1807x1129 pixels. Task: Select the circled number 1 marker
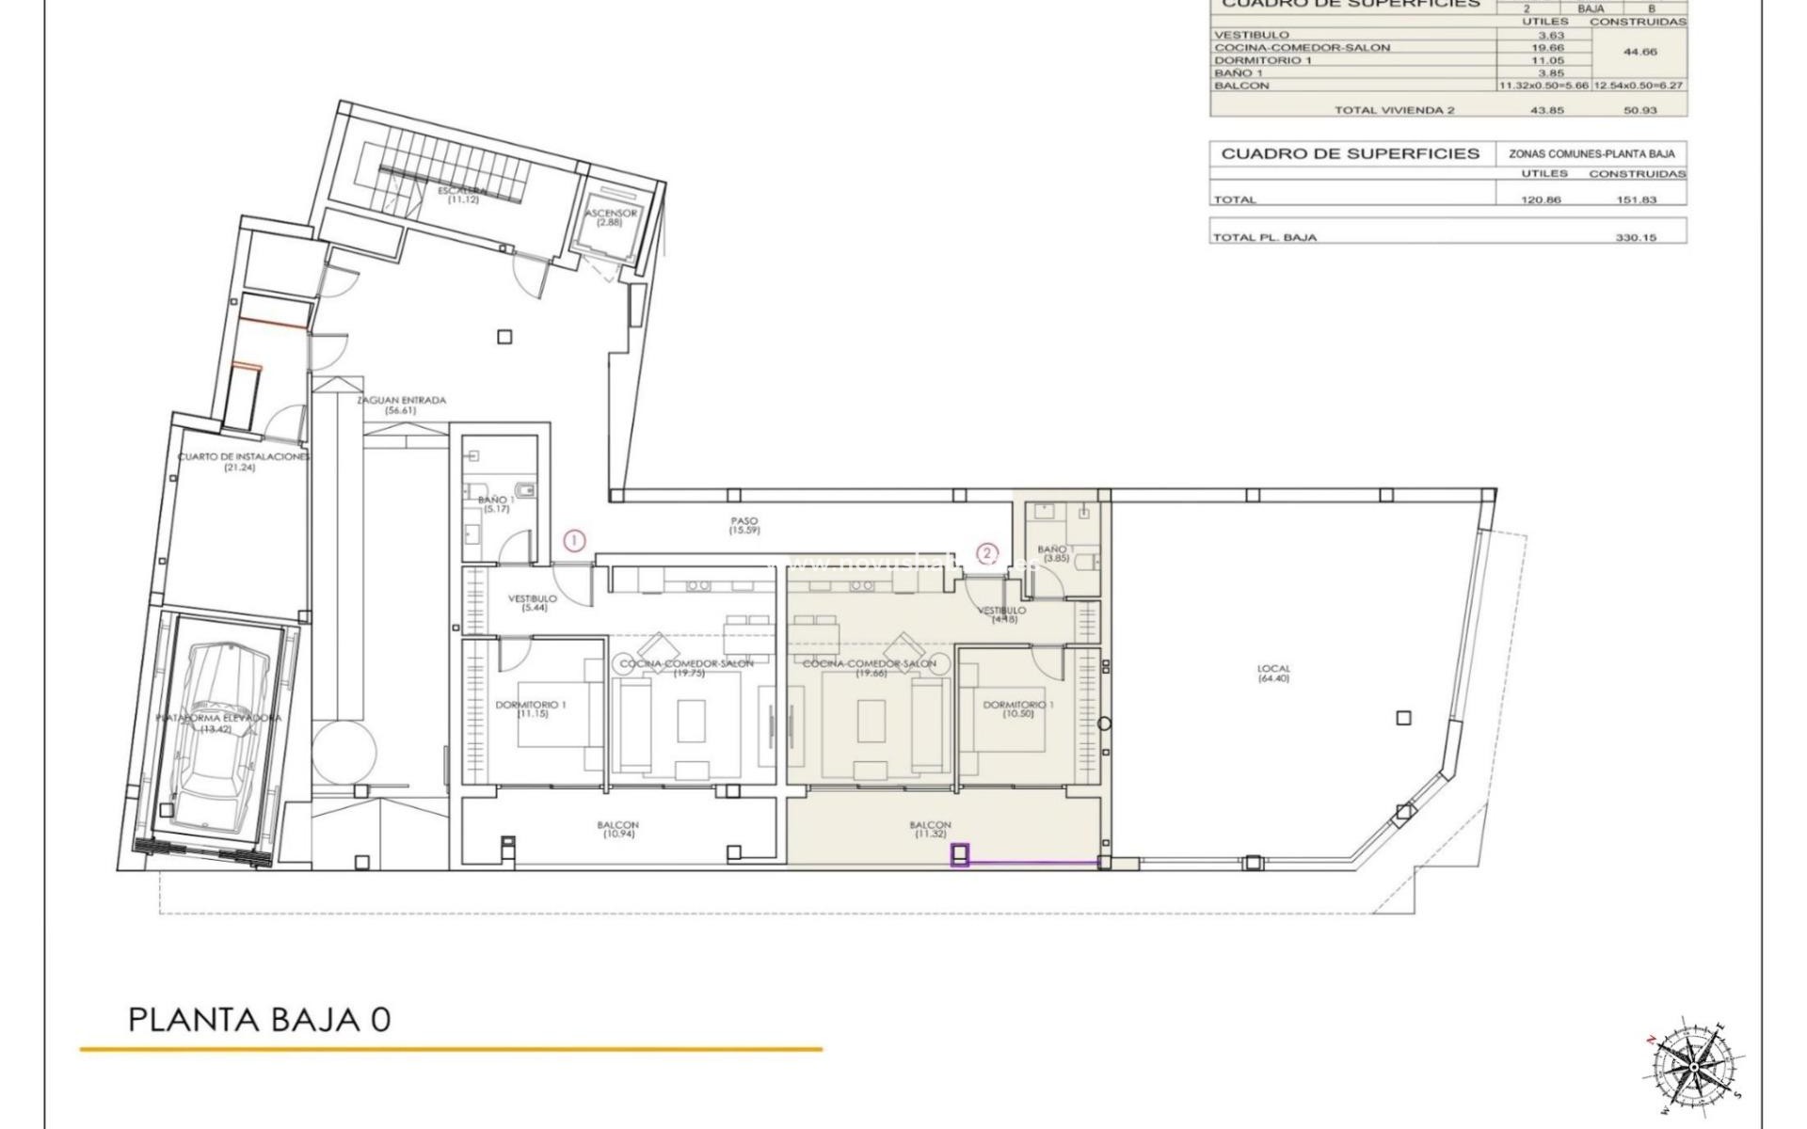click(x=575, y=541)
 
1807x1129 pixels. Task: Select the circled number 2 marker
click(x=986, y=553)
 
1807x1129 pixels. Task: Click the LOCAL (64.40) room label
click(x=1273, y=674)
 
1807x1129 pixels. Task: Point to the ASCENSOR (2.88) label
click(x=611, y=217)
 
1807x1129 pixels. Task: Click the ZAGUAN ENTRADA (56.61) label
click(x=401, y=405)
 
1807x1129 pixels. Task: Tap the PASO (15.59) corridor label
click(x=744, y=526)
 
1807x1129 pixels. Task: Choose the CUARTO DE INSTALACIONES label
click(x=243, y=462)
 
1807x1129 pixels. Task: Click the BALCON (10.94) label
click(x=617, y=830)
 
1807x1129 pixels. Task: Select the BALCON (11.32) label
click(x=930, y=830)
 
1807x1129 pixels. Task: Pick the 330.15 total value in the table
click(x=1636, y=238)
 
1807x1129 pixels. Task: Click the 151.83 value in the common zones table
click(x=1638, y=199)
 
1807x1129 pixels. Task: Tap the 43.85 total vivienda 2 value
click(x=1542, y=110)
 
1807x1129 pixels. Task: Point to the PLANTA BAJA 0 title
click(x=259, y=1020)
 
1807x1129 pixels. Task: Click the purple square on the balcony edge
click(x=960, y=855)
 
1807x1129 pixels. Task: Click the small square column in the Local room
click(x=1403, y=718)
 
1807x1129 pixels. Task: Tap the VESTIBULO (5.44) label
click(x=533, y=603)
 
